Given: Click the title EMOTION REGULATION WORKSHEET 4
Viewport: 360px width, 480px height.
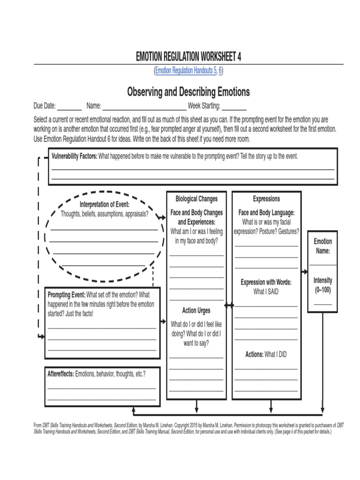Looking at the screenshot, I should coord(188,57).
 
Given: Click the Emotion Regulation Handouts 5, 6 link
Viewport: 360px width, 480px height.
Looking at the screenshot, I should coord(188,71).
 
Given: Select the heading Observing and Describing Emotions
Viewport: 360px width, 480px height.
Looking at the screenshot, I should coord(188,91).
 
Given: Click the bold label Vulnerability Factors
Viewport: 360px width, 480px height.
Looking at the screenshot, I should coord(74,156).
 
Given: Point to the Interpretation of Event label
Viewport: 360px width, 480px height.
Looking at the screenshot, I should coord(105,204).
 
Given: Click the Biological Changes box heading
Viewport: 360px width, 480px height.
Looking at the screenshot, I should coord(196,199).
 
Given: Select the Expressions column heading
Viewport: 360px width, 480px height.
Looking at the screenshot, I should coord(266,199).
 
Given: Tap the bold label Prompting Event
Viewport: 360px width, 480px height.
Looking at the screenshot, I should coord(66,295).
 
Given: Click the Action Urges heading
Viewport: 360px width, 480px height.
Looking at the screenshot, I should coord(196,310).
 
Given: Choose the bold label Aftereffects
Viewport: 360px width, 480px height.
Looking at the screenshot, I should coord(60,374).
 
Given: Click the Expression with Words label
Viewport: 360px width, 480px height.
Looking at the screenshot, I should coord(266,282).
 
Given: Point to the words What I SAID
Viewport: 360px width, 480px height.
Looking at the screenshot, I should coord(266,291).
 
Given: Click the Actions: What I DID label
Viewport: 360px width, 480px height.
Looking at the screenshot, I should coord(266,354).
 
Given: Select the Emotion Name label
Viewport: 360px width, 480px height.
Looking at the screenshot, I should coord(322,246).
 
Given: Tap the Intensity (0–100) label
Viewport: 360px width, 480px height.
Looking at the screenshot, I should coord(322,285).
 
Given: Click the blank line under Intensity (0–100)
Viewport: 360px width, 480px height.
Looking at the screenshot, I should coord(322,304).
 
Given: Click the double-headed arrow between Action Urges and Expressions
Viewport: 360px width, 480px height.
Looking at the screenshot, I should coord(229,306).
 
